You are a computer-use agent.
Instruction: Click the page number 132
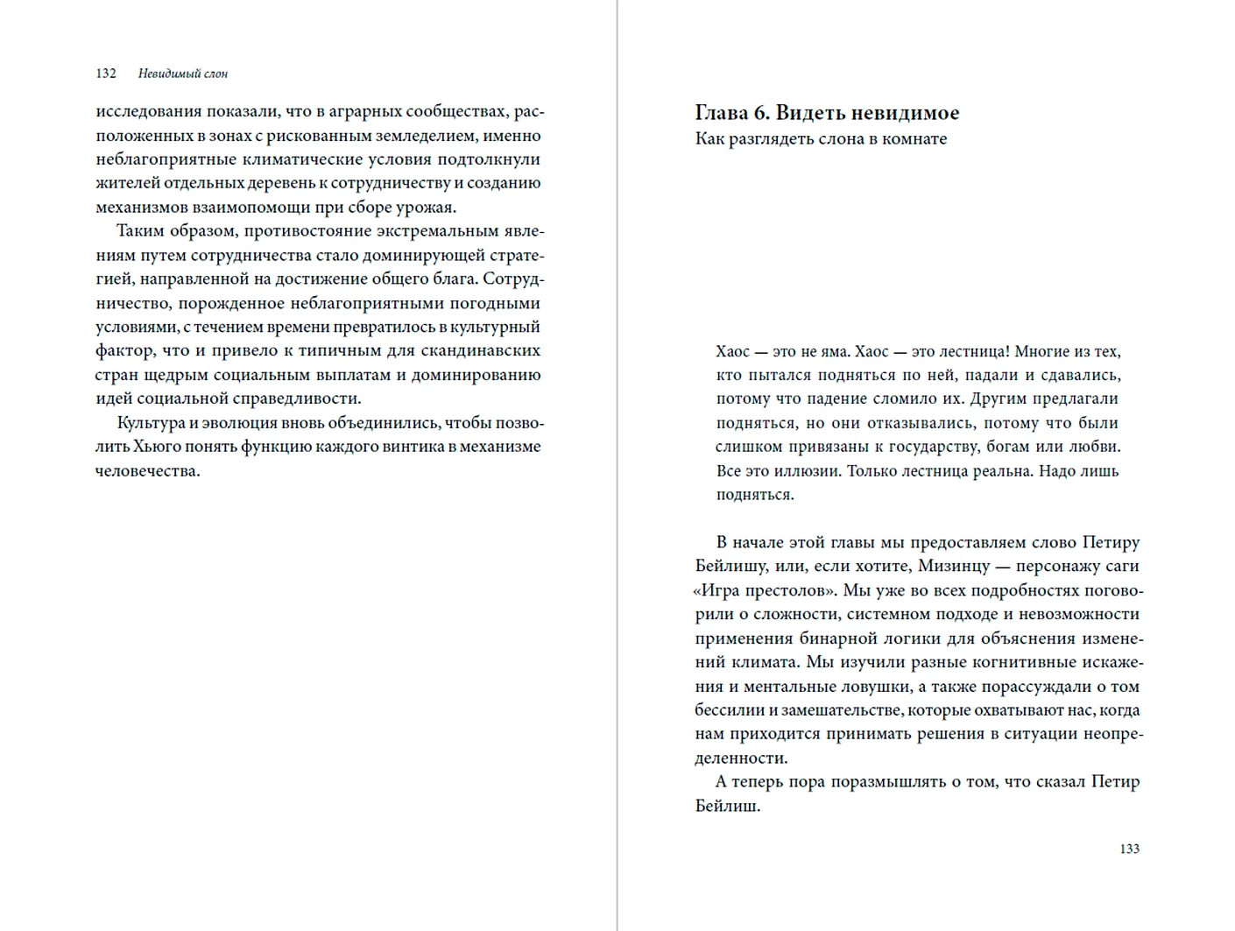pos(106,74)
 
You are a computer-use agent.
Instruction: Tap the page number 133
pos(1129,849)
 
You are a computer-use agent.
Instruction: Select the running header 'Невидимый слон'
pos(183,74)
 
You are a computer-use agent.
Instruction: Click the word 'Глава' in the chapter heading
pos(723,113)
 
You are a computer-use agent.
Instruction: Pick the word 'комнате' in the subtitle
pos(914,138)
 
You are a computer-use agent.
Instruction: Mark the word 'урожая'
pos(428,208)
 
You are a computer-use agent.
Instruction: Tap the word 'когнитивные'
pos(998,662)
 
